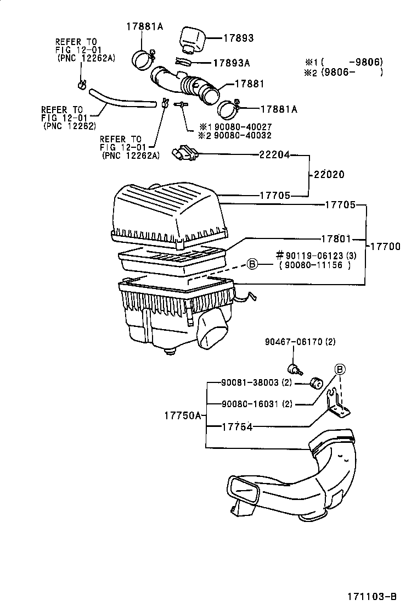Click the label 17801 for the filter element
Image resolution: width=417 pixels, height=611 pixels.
[x=336, y=238]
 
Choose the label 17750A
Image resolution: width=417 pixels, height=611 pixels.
[x=183, y=416]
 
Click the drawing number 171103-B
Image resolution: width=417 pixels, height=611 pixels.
[x=371, y=596]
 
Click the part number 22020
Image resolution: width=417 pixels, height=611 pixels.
[x=330, y=175]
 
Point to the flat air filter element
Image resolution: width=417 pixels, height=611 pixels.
[x=173, y=259]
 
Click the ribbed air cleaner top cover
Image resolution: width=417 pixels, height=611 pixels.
[x=167, y=212]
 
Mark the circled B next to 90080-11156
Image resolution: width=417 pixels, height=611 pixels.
[x=252, y=265]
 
